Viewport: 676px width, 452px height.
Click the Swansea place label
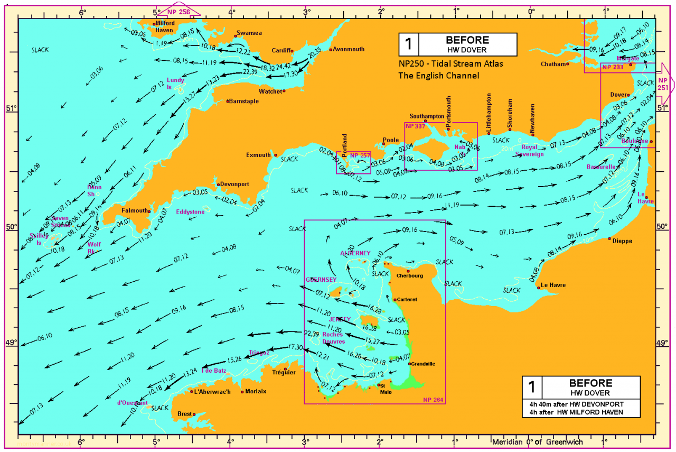[x=249, y=33]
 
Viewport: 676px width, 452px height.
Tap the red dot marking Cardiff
[x=292, y=51]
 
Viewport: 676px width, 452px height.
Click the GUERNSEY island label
[x=321, y=279]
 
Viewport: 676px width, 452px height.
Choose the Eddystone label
[x=190, y=212]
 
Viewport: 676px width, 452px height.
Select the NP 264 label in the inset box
[x=433, y=399]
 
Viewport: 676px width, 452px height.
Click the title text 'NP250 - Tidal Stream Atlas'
[x=451, y=63]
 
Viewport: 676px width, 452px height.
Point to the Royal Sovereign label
[x=529, y=151]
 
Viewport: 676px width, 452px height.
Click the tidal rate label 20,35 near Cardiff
[x=314, y=54]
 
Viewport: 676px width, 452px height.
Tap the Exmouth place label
[x=258, y=155]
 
